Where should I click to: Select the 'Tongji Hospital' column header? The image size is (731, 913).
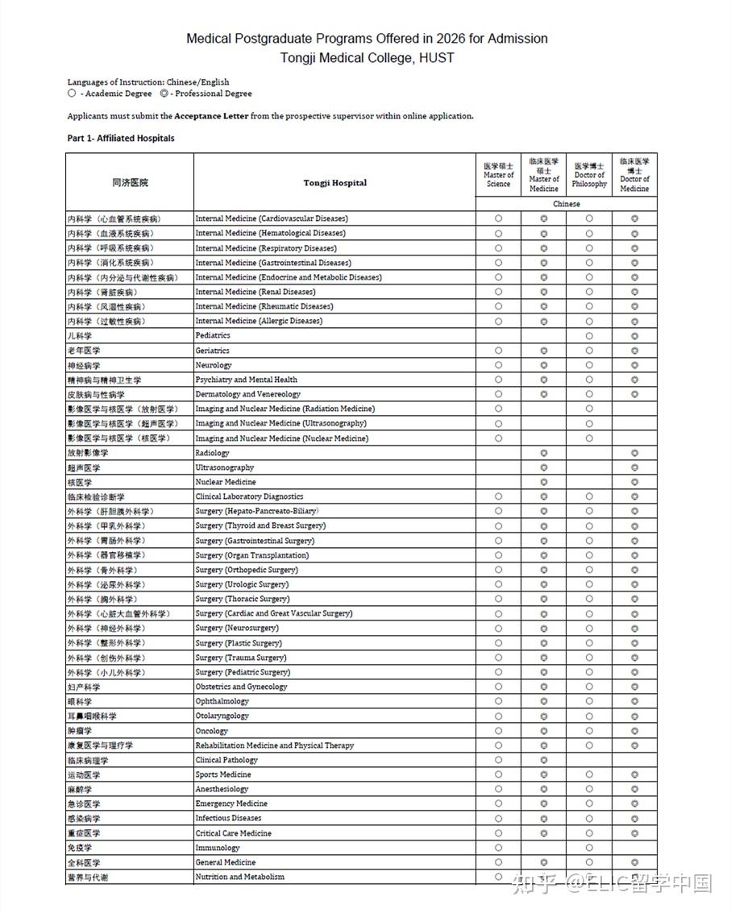pyautogui.click(x=334, y=183)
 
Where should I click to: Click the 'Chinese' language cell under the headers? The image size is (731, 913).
pyautogui.click(x=566, y=204)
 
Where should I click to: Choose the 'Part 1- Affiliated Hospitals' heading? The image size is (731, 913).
pyautogui.click(x=121, y=139)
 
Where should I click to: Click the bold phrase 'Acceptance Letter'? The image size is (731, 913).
pyautogui.click(x=211, y=116)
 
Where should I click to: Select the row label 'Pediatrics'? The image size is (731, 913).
pyautogui.click(x=213, y=335)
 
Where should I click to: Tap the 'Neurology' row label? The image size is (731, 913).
pyautogui.click(x=213, y=365)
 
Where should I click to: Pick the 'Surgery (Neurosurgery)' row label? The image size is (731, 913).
pyautogui.click(x=237, y=628)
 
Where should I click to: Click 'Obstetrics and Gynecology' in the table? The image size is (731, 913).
pyautogui.click(x=241, y=687)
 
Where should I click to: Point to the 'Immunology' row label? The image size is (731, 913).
pyautogui.click(x=218, y=848)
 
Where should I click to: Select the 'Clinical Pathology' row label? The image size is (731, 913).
pyautogui.click(x=226, y=760)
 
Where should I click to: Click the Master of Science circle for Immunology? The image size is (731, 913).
pyautogui.click(x=498, y=848)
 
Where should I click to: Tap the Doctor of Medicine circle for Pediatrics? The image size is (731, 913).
pyautogui.click(x=634, y=335)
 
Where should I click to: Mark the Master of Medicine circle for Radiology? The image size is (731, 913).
pyautogui.click(x=544, y=453)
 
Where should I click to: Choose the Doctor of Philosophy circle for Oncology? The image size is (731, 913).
pyautogui.click(x=589, y=731)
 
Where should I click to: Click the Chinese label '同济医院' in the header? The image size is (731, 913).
pyautogui.click(x=130, y=183)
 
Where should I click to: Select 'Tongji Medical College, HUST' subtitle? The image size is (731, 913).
pyautogui.click(x=367, y=58)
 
